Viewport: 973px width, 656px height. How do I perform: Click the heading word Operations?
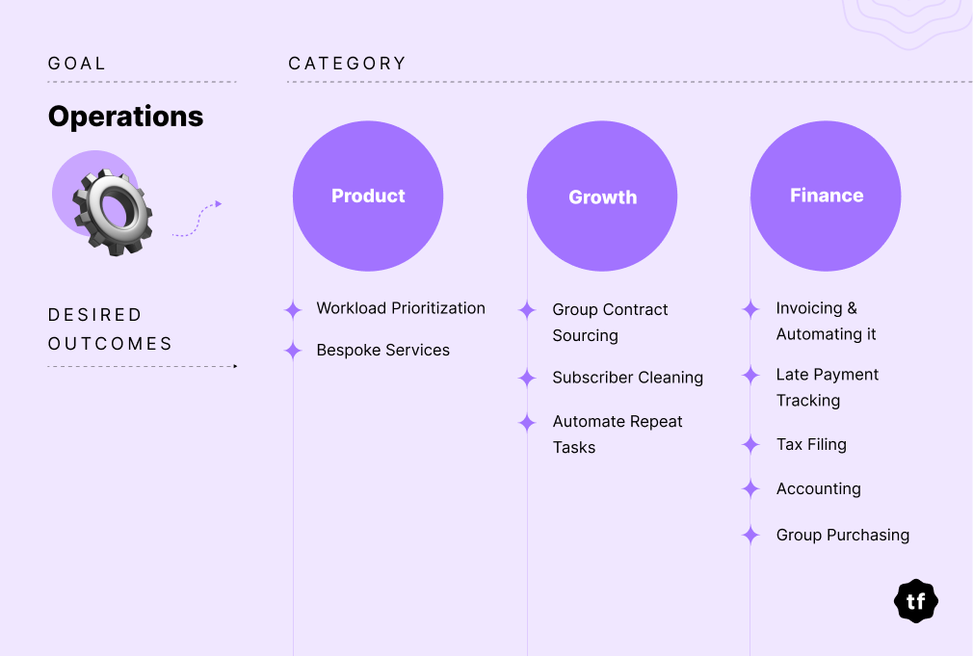[125, 117]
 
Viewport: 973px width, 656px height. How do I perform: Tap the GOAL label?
[77, 64]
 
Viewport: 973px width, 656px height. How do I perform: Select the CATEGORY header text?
[347, 64]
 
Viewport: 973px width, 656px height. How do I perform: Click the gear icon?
[113, 212]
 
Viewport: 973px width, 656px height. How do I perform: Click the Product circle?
[368, 197]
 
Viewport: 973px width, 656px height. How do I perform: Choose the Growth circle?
[602, 197]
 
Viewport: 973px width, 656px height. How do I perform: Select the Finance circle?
[826, 197]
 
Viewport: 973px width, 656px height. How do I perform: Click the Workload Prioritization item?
[401, 308]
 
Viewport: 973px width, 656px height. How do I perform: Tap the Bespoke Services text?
[382, 350]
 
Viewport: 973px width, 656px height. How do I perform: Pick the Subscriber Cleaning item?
[627, 378]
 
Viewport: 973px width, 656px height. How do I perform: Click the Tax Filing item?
[811, 445]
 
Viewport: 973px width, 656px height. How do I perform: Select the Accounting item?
[819, 489]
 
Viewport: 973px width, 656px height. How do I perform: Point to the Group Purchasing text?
[843, 535]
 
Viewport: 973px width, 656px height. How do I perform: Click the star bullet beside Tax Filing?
[750, 444]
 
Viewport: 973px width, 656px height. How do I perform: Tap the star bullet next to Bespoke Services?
[293, 351]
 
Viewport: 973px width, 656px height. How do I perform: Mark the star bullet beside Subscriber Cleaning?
[527, 378]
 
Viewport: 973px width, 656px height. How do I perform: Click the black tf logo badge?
[916, 601]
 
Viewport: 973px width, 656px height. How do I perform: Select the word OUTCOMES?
[110, 344]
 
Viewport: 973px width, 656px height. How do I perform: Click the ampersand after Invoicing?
[852, 308]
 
